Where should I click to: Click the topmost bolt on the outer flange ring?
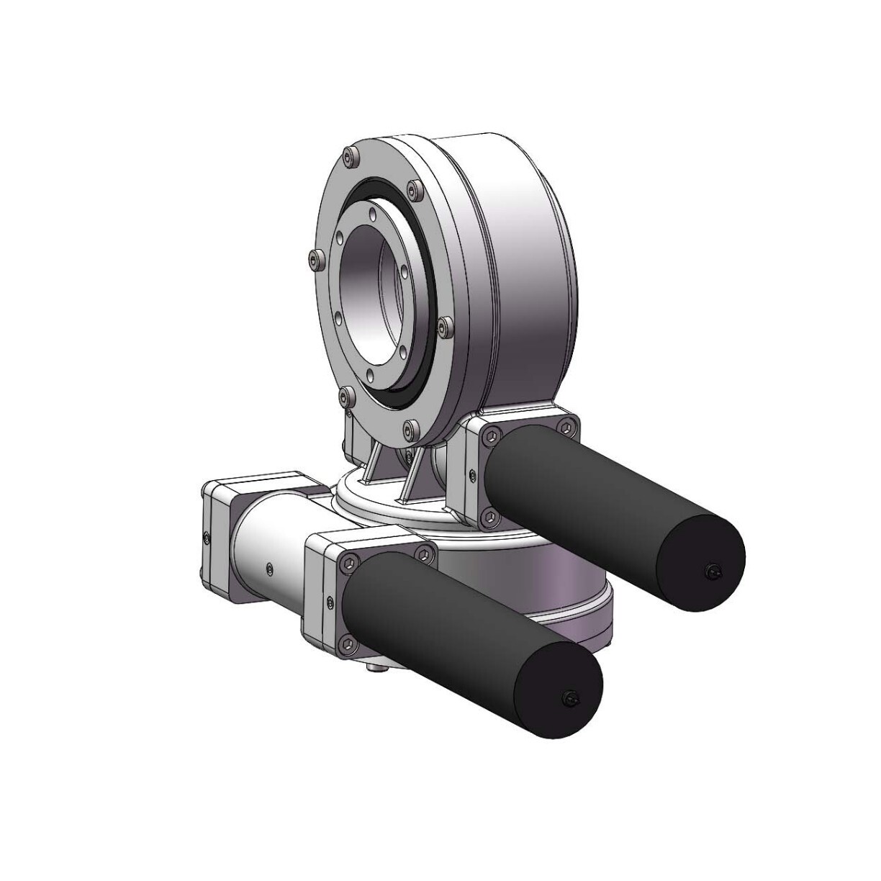(x=351, y=155)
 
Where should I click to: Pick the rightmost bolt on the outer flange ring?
(x=444, y=324)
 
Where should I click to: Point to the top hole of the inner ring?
(x=370, y=213)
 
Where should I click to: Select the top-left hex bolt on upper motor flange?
(x=491, y=435)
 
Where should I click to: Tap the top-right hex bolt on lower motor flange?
(x=425, y=554)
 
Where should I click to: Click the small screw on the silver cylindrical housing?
(x=268, y=569)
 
